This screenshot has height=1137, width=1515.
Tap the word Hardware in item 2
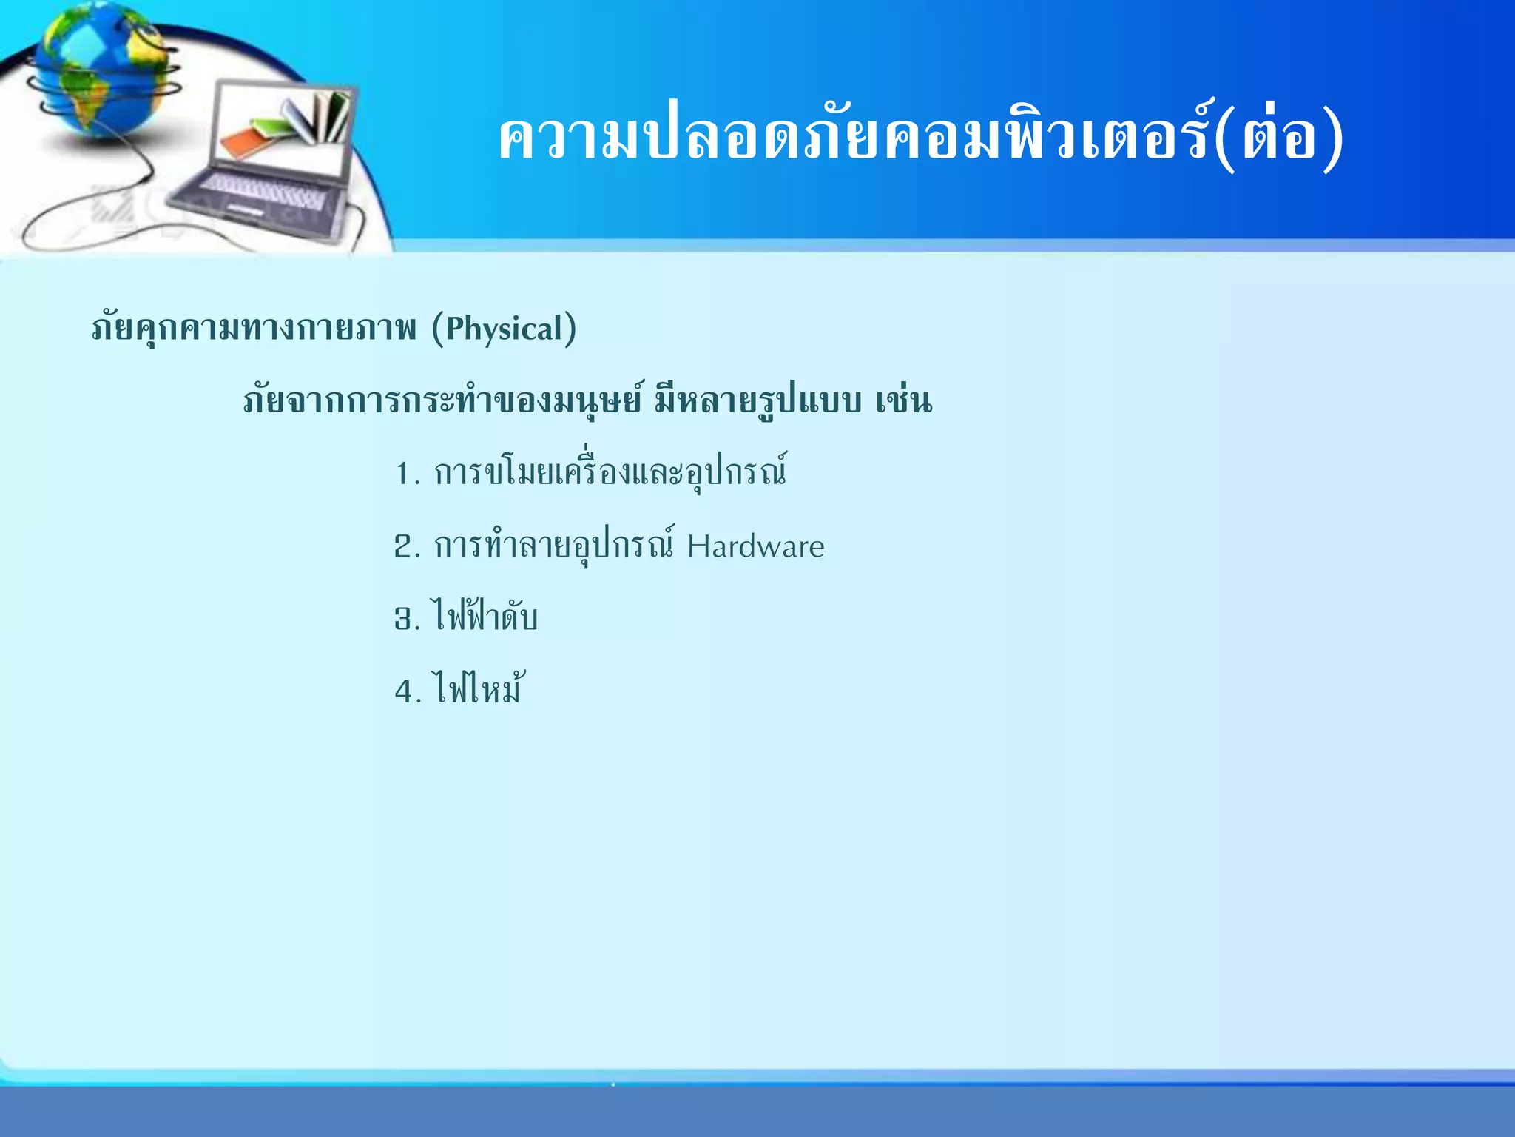(x=755, y=547)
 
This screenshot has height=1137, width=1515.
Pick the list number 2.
(x=405, y=547)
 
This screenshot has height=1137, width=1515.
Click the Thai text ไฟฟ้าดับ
(x=485, y=617)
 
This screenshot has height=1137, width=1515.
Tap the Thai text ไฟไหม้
(x=479, y=688)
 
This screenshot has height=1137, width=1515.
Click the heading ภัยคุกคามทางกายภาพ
(x=254, y=329)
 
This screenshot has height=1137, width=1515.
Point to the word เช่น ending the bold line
(x=903, y=400)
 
